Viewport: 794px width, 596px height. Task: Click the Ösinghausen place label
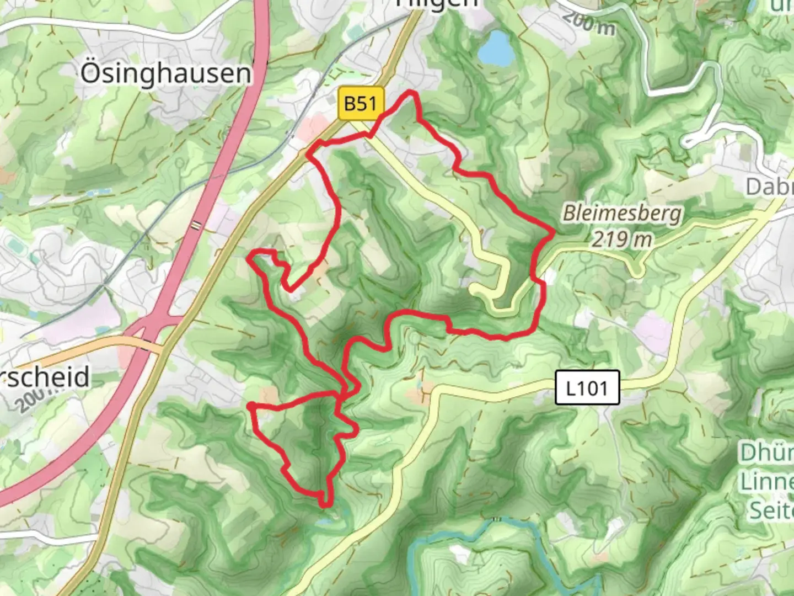click(x=165, y=73)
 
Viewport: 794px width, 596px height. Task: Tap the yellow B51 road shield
click(x=361, y=103)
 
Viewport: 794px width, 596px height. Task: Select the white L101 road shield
click(x=587, y=388)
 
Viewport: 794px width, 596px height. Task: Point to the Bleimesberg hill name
click(x=622, y=214)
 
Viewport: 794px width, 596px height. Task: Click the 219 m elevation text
click(x=622, y=239)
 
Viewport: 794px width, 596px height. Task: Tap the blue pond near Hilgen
click(x=495, y=47)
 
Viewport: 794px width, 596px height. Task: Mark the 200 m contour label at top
click(x=589, y=23)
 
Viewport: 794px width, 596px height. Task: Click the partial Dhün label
click(x=766, y=453)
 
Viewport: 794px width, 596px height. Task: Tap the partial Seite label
click(x=770, y=510)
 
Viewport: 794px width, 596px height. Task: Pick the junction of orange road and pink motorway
click(x=144, y=342)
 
